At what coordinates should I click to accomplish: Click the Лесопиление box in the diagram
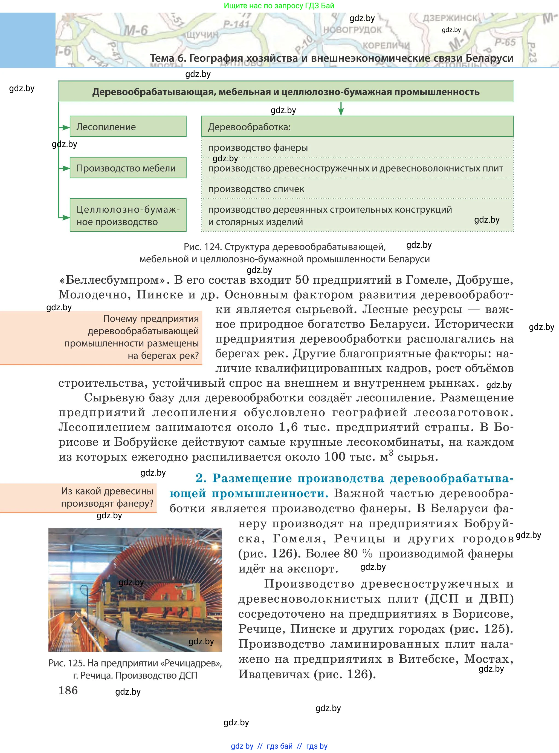(x=128, y=127)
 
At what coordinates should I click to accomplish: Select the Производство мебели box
(x=128, y=168)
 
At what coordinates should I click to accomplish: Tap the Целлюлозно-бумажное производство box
(x=128, y=215)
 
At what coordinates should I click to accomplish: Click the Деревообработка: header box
(x=357, y=127)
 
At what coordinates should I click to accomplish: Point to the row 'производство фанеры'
(x=258, y=148)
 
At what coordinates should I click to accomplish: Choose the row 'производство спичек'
(x=256, y=189)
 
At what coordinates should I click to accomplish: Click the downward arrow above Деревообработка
(x=341, y=109)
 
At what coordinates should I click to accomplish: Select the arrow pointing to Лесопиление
(x=64, y=127)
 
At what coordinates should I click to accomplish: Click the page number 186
(x=68, y=690)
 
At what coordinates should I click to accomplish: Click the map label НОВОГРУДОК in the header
(x=352, y=30)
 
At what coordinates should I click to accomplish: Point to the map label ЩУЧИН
(x=202, y=35)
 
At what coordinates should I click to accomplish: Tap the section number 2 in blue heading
(x=201, y=478)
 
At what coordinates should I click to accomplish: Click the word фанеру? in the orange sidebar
(x=135, y=504)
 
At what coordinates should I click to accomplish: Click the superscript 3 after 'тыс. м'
(x=391, y=453)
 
